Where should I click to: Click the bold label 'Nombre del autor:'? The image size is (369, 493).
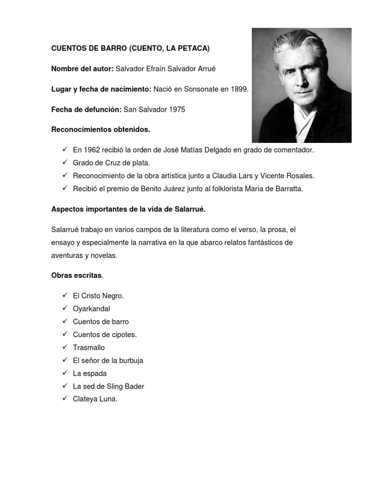pyautogui.click(x=82, y=69)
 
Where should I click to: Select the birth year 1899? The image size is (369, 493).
pyautogui.click(x=239, y=89)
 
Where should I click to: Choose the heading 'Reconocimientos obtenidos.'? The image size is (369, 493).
pyautogui.click(x=100, y=130)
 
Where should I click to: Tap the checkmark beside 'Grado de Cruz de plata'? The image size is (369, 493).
pyautogui.click(x=64, y=163)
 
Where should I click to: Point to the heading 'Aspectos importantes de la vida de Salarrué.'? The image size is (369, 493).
pyautogui.click(x=128, y=209)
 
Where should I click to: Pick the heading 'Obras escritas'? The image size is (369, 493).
pyautogui.click(x=76, y=275)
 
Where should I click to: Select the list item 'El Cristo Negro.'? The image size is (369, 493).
pyautogui.click(x=98, y=296)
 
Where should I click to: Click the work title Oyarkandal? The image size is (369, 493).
pyautogui.click(x=91, y=309)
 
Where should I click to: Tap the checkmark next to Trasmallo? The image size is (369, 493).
pyautogui.click(x=64, y=348)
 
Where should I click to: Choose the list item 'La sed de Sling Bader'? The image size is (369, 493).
pyautogui.click(x=108, y=386)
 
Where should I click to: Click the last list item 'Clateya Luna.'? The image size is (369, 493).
pyautogui.click(x=95, y=399)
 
